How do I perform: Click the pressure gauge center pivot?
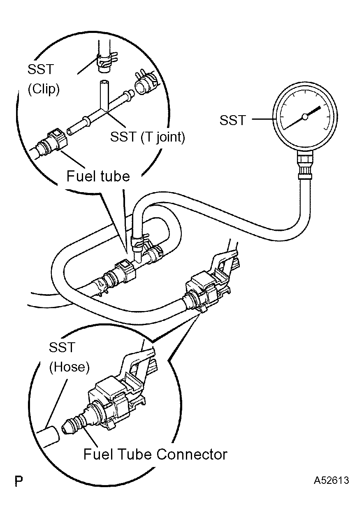(x=305, y=117)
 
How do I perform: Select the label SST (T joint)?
(x=148, y=137)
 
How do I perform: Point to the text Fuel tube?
(x=98, y=176)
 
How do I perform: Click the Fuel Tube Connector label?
(x=155, y=454)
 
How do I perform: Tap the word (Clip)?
(x=44, y=89)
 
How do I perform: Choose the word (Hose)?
(x=69, y=367)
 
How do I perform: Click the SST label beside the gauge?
(x=232, y=120)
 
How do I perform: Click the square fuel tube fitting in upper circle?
(x=57, y=139)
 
